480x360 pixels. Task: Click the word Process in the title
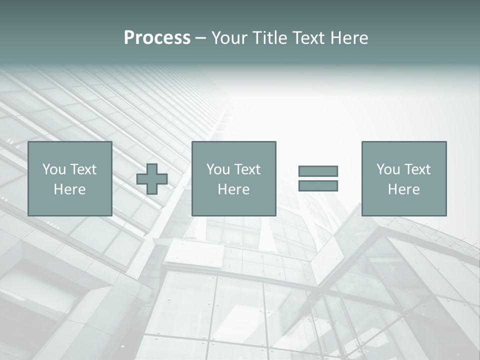tap(157, 38)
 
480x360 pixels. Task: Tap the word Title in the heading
tap(266, 38)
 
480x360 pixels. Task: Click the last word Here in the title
tap(350, 38)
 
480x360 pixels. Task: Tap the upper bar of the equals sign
tap(318, 171)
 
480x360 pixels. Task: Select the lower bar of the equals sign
tap(318, 186)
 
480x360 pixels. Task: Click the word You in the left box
tap(54, 169)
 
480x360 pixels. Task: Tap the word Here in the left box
tap(69, 189)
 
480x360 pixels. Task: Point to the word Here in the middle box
tap(233, 189)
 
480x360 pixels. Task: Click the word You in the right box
tap(388, 169)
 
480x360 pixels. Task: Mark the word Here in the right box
tap(403, 189)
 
